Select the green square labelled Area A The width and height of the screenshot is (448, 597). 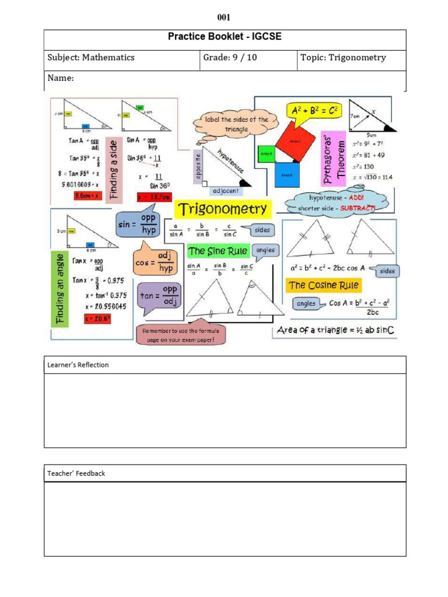click(266, 154)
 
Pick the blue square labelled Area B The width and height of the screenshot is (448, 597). click(286, 174)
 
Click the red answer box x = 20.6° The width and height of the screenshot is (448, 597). click(97, 318)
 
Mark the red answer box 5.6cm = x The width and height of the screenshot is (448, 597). click(88, 196)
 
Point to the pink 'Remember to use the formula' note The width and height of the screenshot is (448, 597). click(181, 335)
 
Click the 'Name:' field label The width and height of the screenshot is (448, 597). click(60, 78)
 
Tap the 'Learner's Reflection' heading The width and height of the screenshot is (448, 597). click(78, 365)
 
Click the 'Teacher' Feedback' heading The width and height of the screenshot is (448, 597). click(76, 473)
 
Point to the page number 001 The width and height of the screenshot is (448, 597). click(225, 17)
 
